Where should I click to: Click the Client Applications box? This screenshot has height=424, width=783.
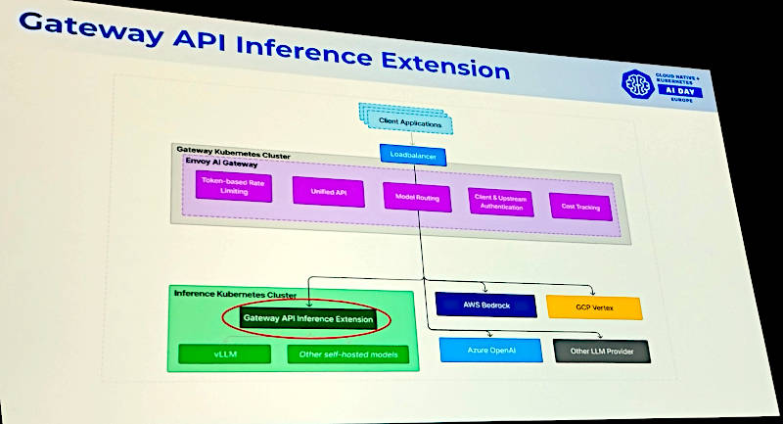(410, 121)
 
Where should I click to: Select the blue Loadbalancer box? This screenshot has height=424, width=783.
(413, 156)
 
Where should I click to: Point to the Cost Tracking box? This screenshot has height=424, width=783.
(580, 207)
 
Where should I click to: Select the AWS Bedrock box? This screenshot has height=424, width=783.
(486, 306)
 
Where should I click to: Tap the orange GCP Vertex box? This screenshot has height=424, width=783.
(594, 307)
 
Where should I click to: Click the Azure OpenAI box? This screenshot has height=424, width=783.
(489, 350)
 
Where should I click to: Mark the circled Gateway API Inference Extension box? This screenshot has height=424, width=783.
(307, 318)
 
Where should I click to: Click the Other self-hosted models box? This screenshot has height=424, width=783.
(348, 353)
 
